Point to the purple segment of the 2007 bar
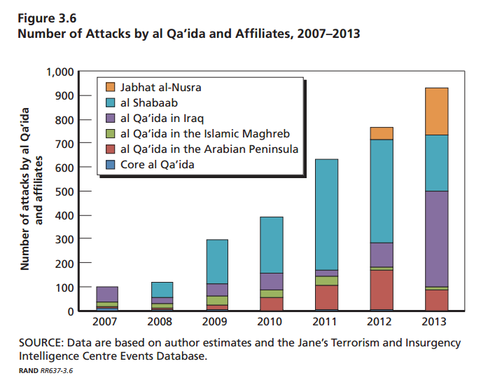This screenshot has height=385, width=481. point(106,294)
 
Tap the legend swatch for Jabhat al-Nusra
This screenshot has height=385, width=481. point(111,88)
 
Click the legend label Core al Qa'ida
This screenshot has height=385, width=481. point(158,164)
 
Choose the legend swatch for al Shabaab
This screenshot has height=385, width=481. point(111,103)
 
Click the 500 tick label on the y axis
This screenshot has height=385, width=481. point(64,191)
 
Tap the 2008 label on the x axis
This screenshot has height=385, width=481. point(160,323)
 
